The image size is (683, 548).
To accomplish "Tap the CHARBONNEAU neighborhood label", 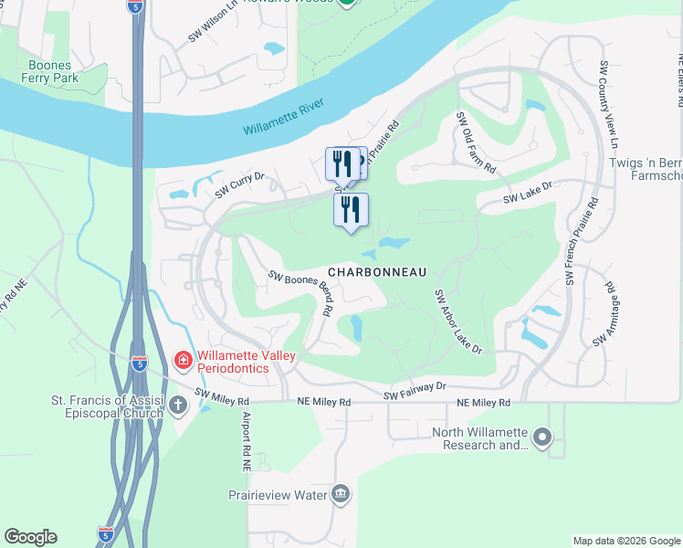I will click(377, 272).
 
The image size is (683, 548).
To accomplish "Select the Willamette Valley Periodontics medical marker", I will click(183, 361).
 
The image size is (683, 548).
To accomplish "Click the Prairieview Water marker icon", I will click(341, 494).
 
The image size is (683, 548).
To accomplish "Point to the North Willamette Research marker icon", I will click(542, 438).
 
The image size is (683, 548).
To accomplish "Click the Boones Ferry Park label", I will click(54, 71).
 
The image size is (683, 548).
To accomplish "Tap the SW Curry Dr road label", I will click(239, 186).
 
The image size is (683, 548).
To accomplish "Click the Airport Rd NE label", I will click(246, 441).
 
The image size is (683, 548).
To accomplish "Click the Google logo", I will click(30, 537).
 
